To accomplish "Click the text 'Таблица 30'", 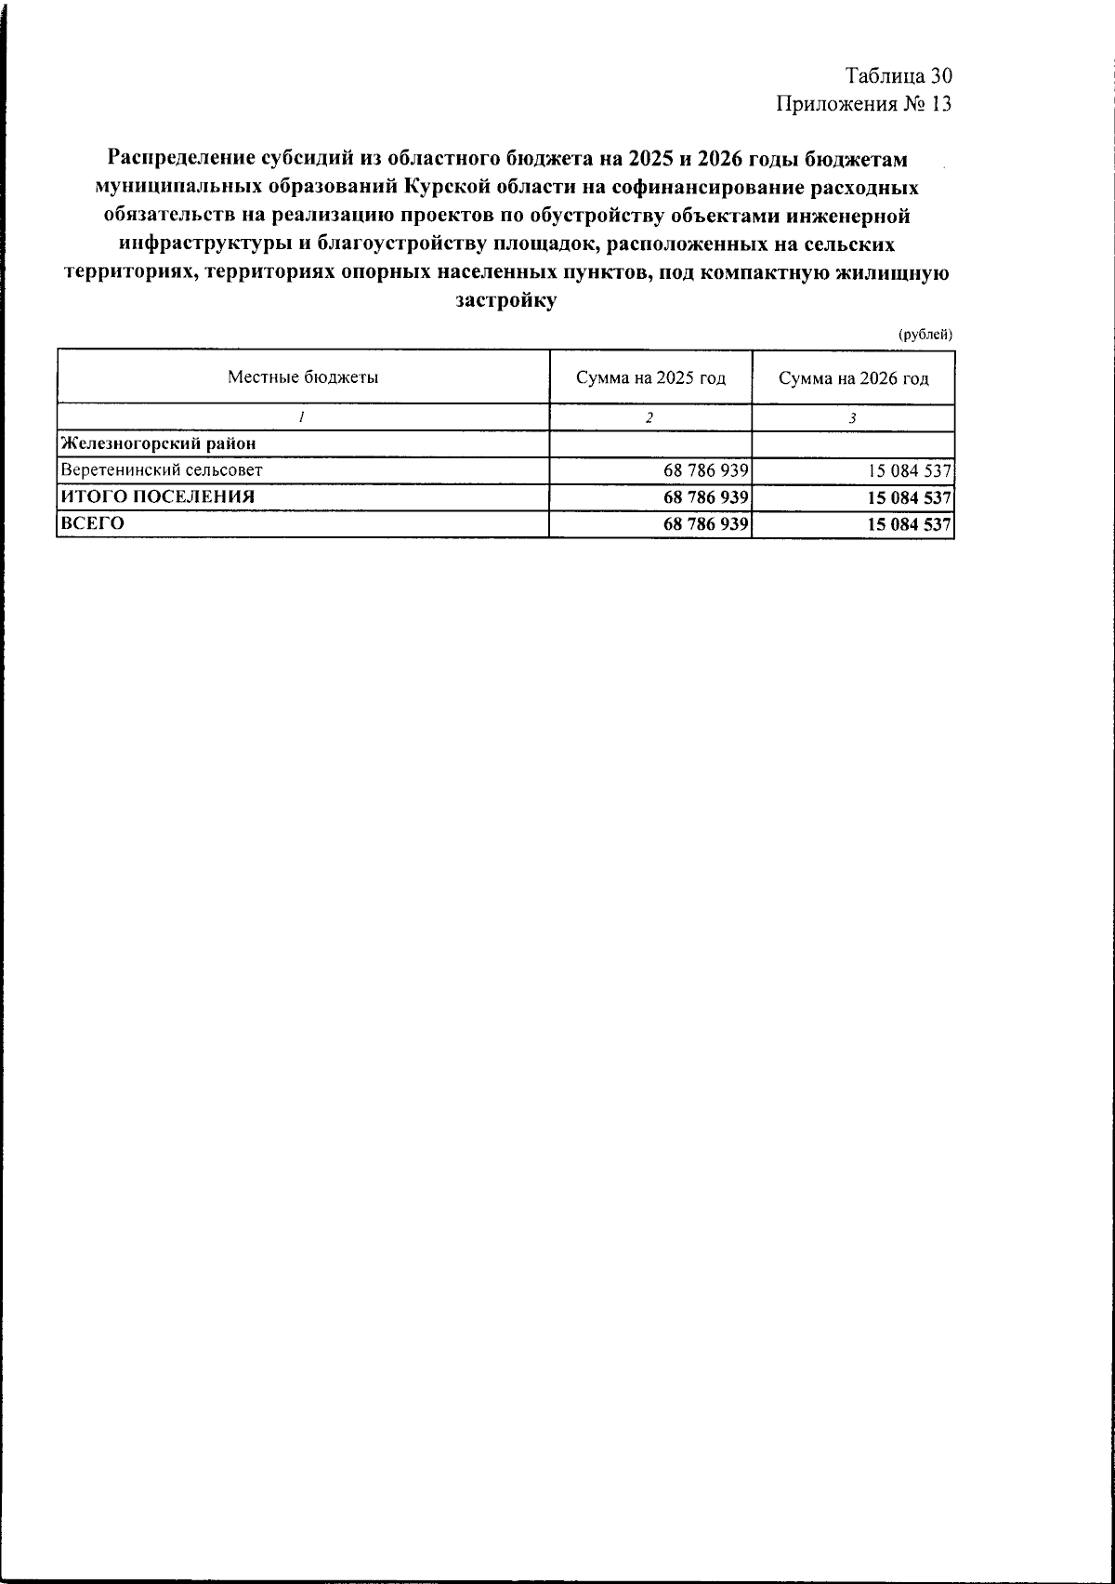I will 899,76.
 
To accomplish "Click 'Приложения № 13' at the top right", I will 864,103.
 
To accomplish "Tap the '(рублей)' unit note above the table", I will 925,335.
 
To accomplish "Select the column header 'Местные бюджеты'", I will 303,377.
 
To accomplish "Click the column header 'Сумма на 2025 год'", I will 650,378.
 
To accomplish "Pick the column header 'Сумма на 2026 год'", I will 853,378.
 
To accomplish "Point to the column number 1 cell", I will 303,418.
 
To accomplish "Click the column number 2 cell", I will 650,418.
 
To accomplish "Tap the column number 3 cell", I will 853,418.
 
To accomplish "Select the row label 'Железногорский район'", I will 158,443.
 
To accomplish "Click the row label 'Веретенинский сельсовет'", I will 162,470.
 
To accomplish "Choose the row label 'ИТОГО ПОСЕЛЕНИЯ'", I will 158,496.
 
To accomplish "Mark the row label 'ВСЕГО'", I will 92,523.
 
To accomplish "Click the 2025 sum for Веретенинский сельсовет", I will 706,470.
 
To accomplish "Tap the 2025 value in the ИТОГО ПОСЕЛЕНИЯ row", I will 706,497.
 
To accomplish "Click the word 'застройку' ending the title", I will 506,300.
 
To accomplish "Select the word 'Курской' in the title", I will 442,187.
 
